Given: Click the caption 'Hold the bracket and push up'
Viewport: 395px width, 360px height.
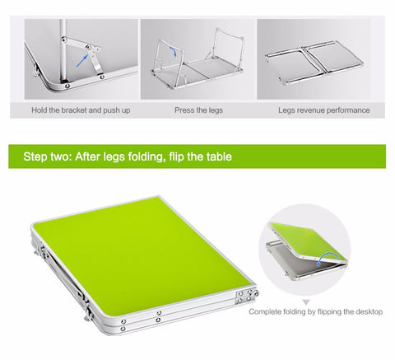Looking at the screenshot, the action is point(81,110).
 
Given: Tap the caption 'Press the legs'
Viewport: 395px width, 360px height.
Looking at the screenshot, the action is point(198,110).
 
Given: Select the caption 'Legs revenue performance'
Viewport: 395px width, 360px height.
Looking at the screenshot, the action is point(324,110).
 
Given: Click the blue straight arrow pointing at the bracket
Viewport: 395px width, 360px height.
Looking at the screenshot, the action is point(82,61).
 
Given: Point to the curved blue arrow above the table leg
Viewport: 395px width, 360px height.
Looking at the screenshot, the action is point(173,50).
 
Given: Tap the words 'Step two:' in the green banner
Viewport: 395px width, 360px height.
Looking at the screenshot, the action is point(48,157).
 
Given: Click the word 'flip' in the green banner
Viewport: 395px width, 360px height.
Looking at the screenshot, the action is point(176,157).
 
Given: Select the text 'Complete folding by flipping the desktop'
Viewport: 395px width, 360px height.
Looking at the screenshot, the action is point(316,312).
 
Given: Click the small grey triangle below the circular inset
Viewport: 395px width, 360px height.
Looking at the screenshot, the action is point(306,302).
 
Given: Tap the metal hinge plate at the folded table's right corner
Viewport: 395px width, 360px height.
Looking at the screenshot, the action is point(246,296).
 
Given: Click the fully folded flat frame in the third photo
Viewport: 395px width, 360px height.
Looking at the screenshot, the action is point(314,63).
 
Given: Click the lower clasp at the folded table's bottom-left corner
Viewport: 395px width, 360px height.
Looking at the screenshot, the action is point(89,313).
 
